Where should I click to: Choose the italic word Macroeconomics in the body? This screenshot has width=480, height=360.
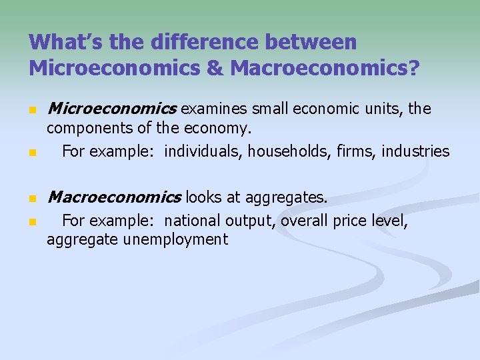click(114, 197)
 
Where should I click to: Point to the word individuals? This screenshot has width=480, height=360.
click(203, 151)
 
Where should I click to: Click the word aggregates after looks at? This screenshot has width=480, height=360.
click(287, 197)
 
